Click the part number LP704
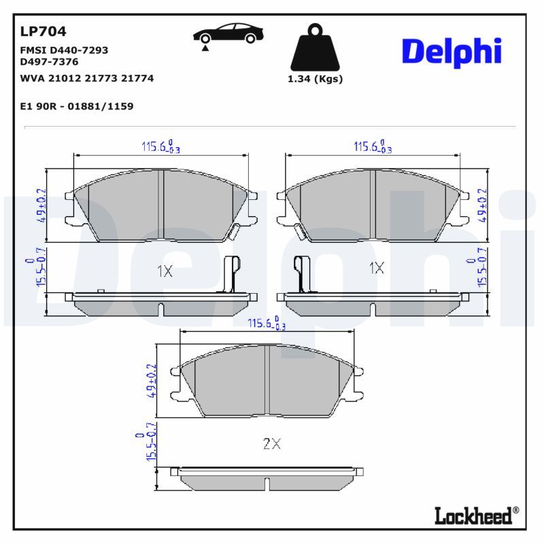43,31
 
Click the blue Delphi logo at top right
452,53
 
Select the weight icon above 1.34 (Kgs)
315,47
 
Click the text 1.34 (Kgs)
315,79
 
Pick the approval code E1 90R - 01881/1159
77,106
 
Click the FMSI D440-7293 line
64,50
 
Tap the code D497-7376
49,62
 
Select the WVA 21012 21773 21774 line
87,78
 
